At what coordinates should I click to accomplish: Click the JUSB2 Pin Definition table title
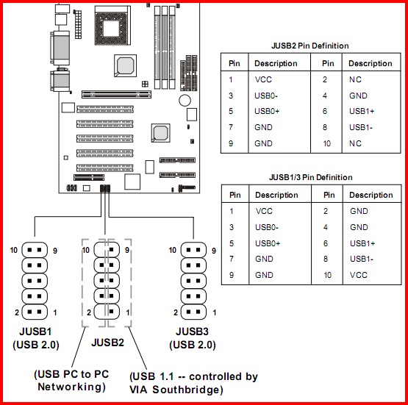tap(309, 46)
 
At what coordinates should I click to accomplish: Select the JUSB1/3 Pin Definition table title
tap(311, 177)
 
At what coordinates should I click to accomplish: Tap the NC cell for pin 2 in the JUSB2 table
tap(355, 79)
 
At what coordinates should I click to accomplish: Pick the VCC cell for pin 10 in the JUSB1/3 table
tap(359, 275)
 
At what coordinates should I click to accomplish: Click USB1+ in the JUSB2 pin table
tap(362, 111)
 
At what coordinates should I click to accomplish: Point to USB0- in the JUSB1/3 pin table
tap(266, 227)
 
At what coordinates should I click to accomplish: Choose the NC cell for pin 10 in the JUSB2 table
tap(355, 143)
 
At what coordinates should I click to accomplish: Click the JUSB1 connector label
tap(35, 331)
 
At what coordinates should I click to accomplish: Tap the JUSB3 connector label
tap(192, 331)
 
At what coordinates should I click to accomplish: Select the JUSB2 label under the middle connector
tap(107, 343)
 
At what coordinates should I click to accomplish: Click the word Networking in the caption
tap(71, 387)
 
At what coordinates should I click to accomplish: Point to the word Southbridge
tap(187, 390)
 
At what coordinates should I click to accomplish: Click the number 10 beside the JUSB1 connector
tap(13, 250)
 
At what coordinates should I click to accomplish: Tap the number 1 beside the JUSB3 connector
tap(215, 312)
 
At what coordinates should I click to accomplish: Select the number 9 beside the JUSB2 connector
tap(127, 250)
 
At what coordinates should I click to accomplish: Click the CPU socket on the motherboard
tap(112, 25)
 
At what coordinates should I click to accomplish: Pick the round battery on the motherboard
tap(185, 100)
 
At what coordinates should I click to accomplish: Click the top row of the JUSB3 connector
tap(193, 250)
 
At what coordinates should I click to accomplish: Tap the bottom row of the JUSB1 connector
tap(35, 312)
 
